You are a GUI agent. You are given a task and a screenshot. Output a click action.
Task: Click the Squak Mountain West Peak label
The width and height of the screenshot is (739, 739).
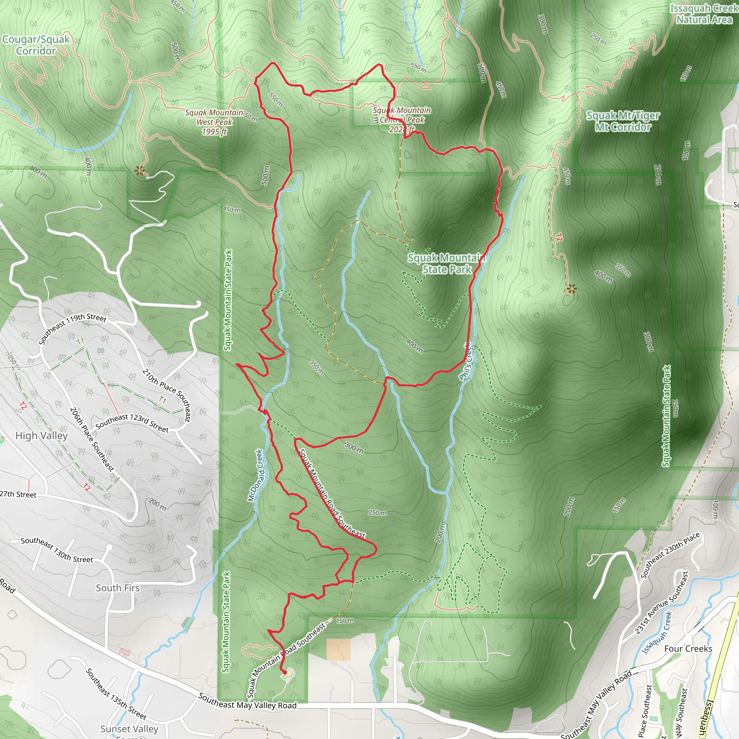pos(214,122)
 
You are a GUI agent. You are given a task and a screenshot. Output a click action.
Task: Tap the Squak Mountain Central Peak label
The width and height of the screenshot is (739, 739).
pos(402,120)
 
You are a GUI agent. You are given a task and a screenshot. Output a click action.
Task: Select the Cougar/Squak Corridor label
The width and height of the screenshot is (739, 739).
pos(36,45)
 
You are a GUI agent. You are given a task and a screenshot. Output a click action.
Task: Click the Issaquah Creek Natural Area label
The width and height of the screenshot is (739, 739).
pos(704,14)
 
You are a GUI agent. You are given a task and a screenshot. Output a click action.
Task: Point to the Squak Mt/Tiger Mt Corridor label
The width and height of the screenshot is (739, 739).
pos(623,121)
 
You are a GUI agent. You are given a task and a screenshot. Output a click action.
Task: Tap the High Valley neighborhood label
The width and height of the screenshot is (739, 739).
pos(41,436)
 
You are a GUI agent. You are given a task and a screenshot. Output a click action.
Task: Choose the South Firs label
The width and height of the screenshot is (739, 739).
pos(118,588)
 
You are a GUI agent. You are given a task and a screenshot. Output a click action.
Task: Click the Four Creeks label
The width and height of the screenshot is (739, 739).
pos(688,649)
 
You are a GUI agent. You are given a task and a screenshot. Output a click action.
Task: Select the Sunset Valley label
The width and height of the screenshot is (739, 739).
pos(129,729)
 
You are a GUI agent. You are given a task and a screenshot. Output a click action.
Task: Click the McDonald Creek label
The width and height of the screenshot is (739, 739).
pos(255,476)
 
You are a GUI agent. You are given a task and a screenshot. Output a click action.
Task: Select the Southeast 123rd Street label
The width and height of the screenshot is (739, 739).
pos(132,423)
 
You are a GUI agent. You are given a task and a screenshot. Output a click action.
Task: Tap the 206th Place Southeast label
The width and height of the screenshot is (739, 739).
pos(92,439)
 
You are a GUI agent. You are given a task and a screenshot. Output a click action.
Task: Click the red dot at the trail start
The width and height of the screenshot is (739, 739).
pos(285,672)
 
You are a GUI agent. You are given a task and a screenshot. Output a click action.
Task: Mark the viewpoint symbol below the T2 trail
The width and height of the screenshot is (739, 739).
pos(571,289)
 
